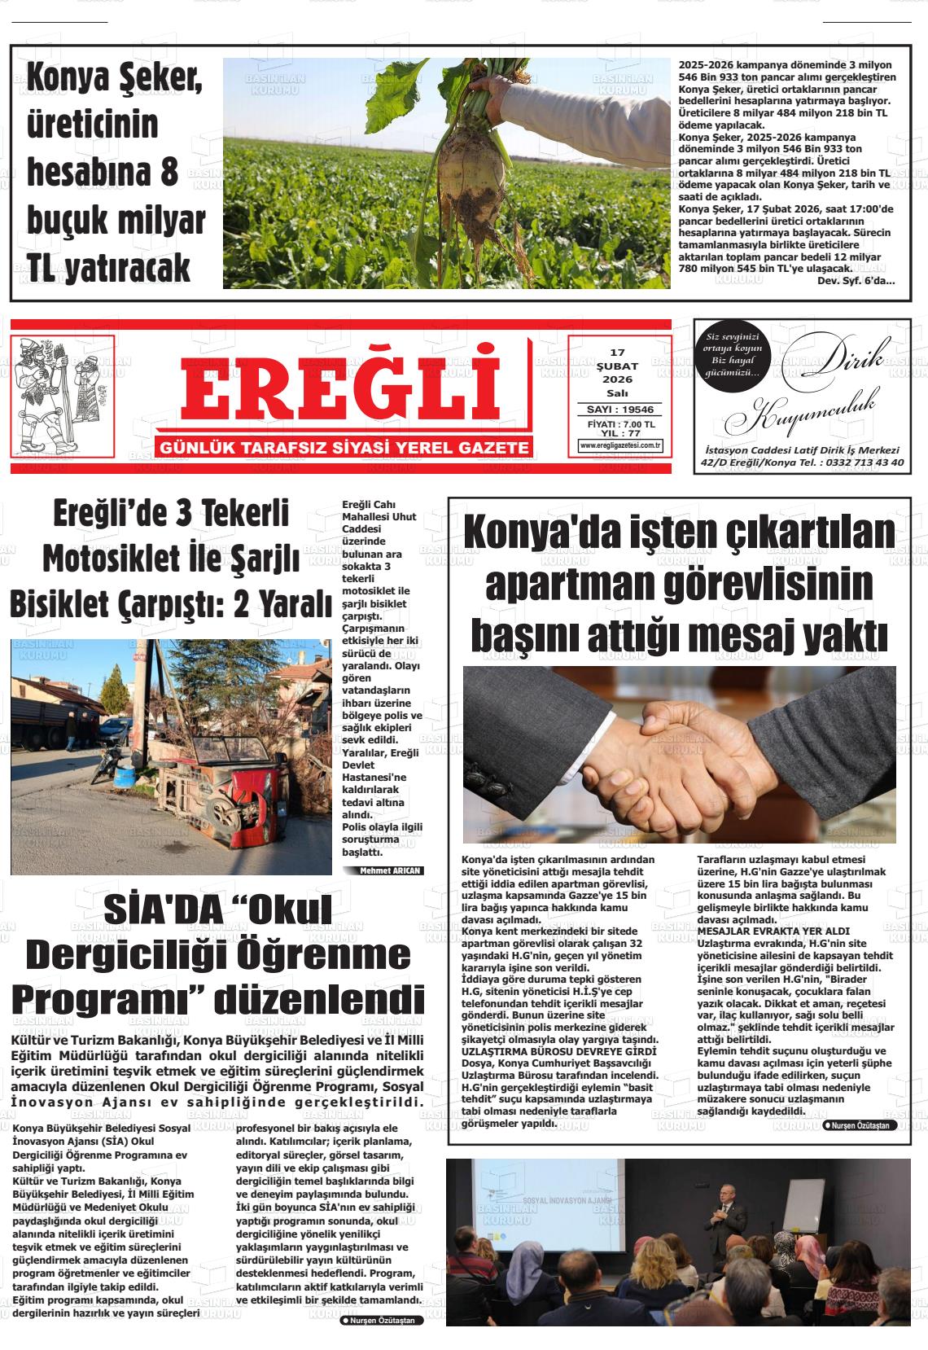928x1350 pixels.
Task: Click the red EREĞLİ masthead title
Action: pos(340,389)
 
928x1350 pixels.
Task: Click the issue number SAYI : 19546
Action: pos(620,410)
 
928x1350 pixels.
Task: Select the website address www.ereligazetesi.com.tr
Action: pos(620,445)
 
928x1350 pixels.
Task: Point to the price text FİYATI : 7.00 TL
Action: pos(620,424)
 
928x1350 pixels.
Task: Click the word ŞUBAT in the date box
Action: pos(619,366)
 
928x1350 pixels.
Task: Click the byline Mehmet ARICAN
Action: pos(392,870)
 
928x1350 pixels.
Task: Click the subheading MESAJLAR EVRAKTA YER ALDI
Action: pos(773,931)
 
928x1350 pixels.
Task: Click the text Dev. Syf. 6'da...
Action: pos(855,281)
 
